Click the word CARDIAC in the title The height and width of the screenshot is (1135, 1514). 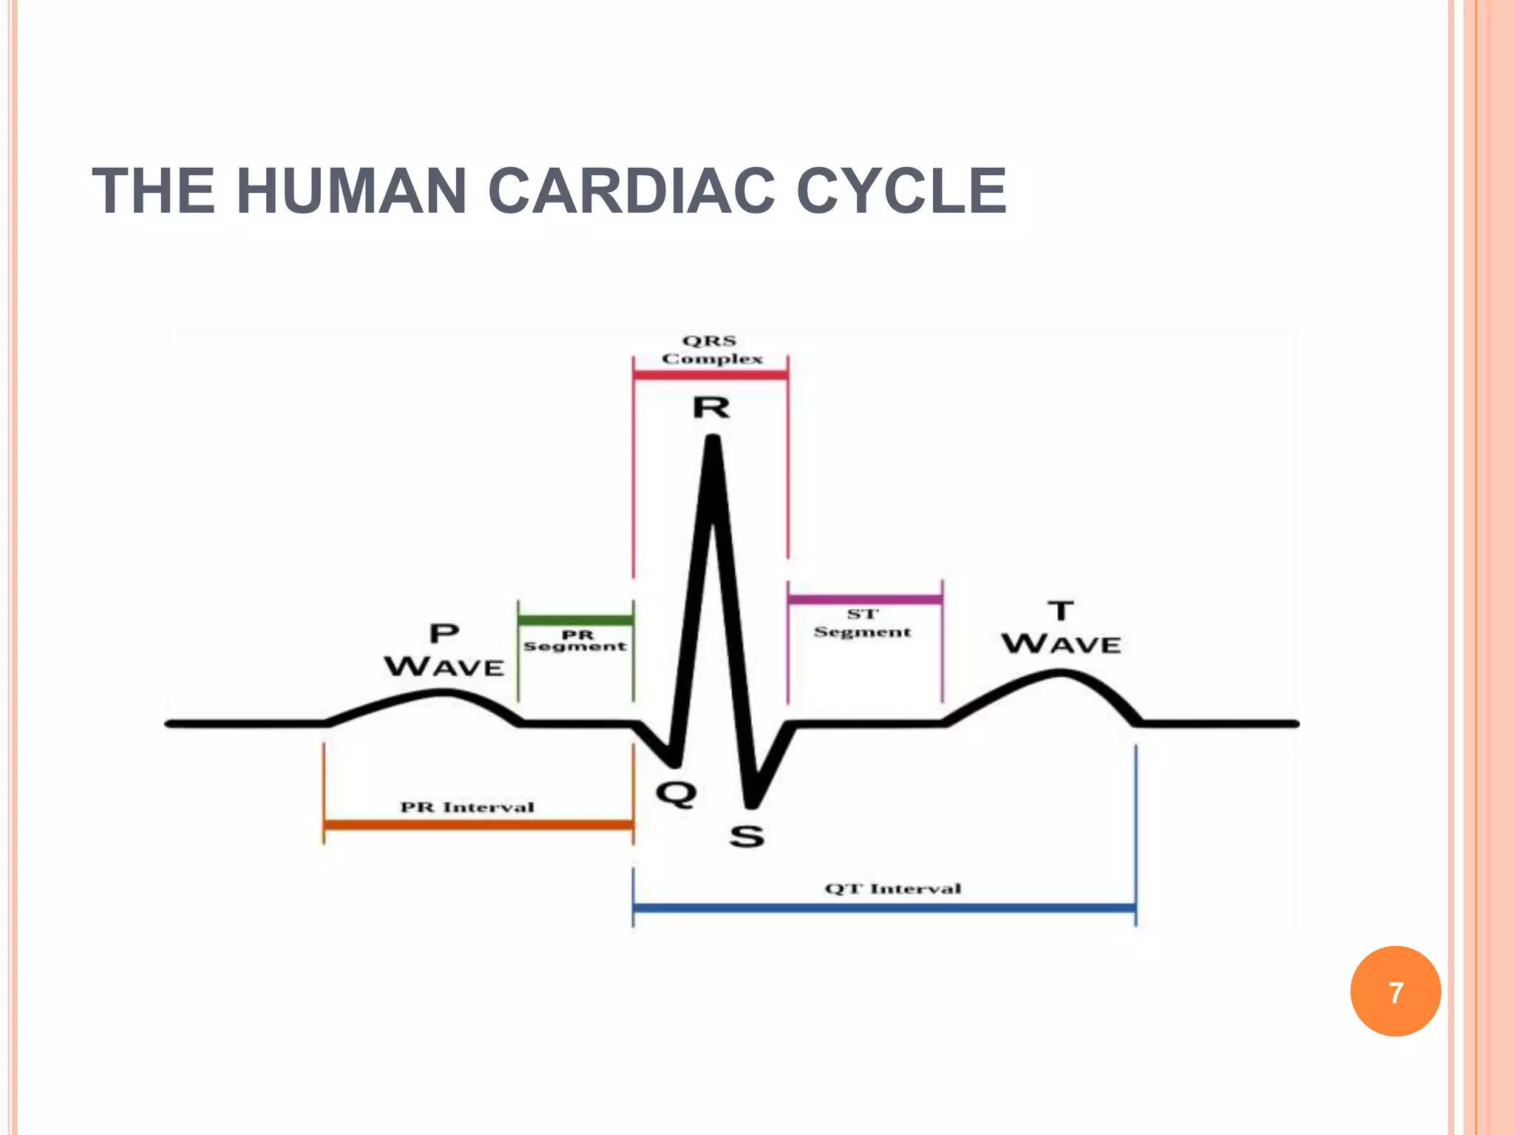631,191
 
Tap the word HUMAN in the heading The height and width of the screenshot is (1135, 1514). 351,191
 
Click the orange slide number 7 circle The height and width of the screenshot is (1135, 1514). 1395,992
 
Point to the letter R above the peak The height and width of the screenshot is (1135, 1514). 711,408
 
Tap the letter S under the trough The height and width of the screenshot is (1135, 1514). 747,836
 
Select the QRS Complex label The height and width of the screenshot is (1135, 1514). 711,350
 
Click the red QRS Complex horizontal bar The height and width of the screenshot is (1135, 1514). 710,375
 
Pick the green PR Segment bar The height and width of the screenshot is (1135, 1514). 575,619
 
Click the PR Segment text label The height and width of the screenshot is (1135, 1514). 575,641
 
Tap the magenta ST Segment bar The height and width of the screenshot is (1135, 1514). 865,599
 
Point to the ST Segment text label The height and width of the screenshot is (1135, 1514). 863,623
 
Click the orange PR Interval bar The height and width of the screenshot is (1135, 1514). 478,824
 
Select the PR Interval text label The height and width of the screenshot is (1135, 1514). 467,807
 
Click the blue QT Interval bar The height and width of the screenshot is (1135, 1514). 884,907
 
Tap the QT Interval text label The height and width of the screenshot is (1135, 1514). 893,888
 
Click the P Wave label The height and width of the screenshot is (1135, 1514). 444,650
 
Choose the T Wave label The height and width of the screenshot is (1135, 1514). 1062,628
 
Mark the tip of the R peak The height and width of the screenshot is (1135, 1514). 713,440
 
